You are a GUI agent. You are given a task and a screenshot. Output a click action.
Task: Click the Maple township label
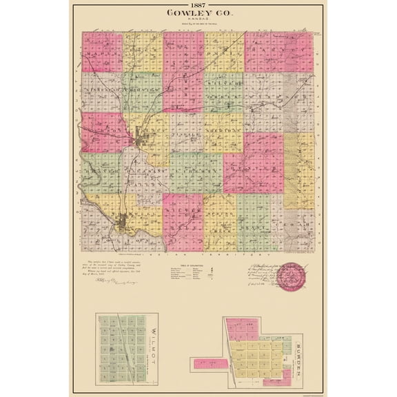(102, 52)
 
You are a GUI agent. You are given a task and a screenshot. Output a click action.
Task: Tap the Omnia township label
(224, 52)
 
